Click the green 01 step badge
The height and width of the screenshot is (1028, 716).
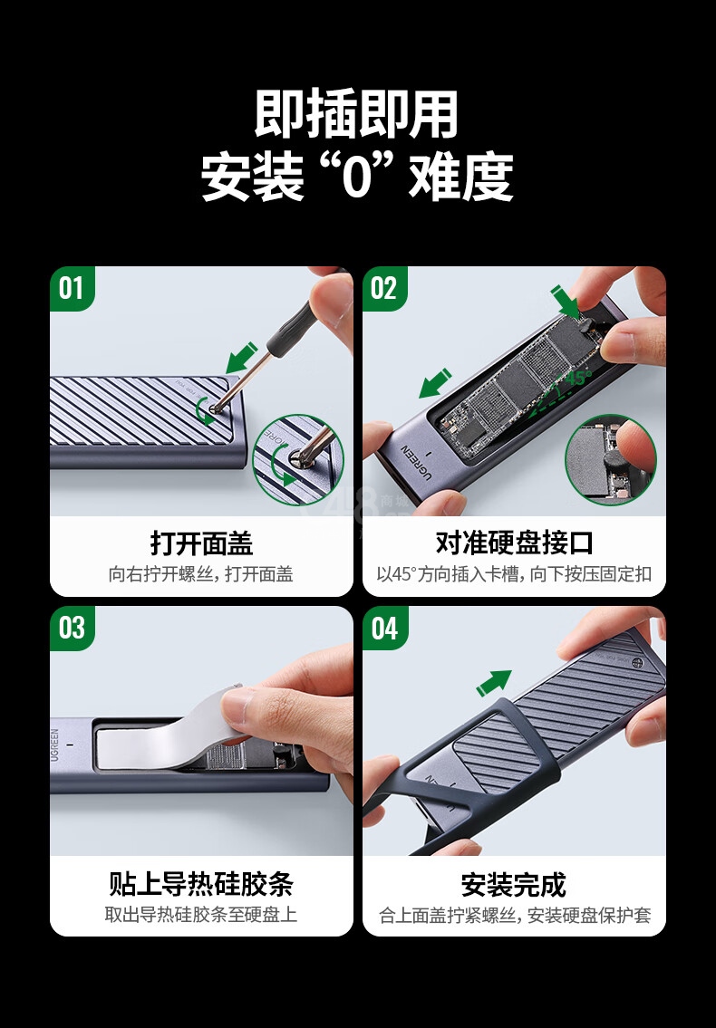coord(73,288)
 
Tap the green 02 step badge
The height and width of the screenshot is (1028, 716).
coord(384,288)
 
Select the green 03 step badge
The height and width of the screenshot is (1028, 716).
coord(73,628)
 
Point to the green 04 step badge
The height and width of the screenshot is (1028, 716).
coord(384,628)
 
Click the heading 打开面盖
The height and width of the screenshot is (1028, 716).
coord(201,543)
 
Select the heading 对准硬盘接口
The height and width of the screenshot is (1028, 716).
coord(514,543)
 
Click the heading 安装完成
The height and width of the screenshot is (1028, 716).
coord(513,884)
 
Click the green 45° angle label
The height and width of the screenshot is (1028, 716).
coord(577,379)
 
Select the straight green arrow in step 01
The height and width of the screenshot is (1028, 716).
coord(241,357)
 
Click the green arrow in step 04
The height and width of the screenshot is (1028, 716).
coord(494,683)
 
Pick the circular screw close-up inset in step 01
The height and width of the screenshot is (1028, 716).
coord(298,460)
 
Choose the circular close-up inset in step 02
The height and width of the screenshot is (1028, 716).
coord(611,459)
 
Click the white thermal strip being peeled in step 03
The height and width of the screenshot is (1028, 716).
coord(170,731)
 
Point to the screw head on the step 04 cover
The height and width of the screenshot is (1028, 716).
coord(637,663)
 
